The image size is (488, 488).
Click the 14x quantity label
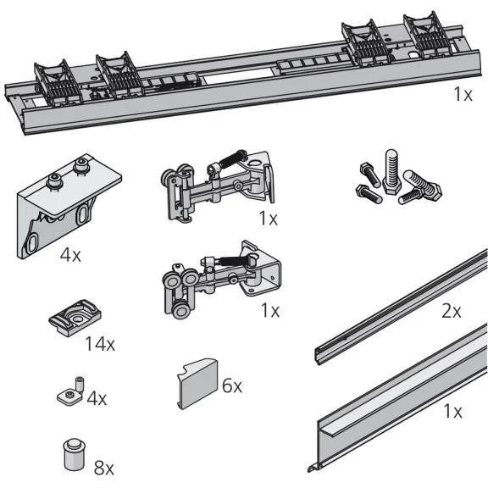pos(100,344)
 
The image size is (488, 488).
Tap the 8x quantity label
pos(104,468)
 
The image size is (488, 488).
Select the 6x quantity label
pos(232,386)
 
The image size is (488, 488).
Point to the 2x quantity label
pos(452,311)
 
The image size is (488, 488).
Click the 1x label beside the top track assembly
pos(463,94)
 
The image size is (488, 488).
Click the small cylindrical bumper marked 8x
pos(74,454)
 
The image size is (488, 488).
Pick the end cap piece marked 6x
pos(197,384)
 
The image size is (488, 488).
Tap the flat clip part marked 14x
pos(75,317)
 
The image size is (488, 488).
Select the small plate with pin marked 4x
pos(70,392)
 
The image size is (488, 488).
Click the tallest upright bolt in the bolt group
pos(391,172)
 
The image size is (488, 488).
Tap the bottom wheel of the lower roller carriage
pos(180,310)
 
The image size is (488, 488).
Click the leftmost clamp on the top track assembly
pos(58,83)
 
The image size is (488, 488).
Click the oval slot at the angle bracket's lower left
pos(32,244)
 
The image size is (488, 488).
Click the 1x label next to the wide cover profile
pos(452,412)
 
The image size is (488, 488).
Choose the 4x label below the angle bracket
pos(70,255)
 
